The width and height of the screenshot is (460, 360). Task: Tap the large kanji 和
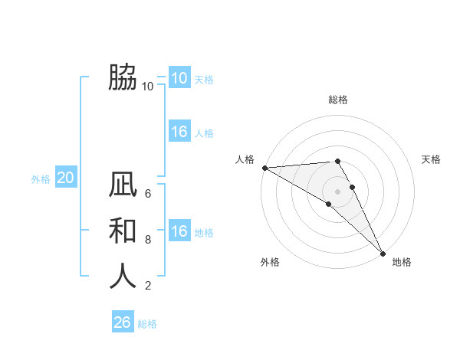pos(123,230)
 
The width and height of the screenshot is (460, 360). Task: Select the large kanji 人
pos(123,277)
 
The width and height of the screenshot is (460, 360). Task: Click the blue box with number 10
pos(179,78)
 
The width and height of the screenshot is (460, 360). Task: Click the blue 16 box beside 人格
pos(179,132)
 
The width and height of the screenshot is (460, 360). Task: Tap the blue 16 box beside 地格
pos(179,231)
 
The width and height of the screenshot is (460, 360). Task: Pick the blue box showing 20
pos(65,178)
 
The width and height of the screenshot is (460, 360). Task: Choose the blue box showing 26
pos(122,322)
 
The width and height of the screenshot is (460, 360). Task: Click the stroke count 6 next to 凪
pos(148,193)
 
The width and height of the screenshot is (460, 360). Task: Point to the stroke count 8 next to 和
pos(148,239)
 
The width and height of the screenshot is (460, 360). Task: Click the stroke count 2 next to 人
pos(148,286)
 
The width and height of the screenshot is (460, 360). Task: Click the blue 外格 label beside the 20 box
pos(41,179)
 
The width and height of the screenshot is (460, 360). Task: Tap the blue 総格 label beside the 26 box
pos(147,324)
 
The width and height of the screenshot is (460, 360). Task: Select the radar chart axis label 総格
pos(338,100)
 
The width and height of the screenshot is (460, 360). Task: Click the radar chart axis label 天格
pos(431,159)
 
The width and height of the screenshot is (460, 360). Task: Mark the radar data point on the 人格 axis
pos(264,168)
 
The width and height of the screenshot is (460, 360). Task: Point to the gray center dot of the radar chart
pos(338,191)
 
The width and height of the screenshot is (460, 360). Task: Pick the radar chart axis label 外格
pos(270,262)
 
